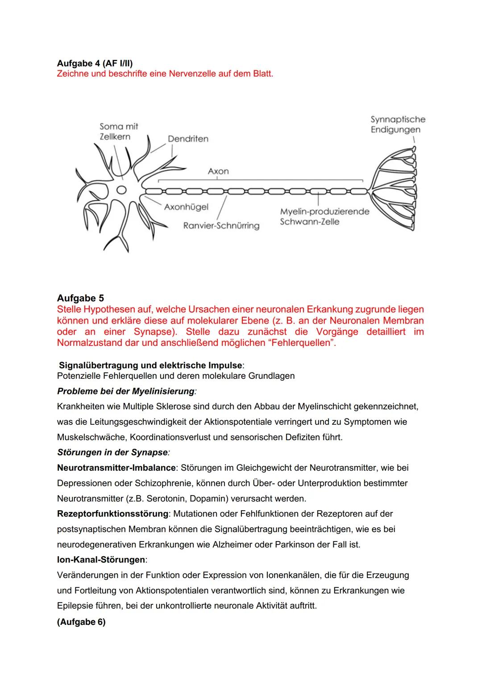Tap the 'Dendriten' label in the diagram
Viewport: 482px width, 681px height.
coord(188,139)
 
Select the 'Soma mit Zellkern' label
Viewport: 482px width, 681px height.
coord(119,131)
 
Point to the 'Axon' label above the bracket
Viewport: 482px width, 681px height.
coord(218,171)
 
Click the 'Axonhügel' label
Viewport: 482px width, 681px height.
coord(186,207)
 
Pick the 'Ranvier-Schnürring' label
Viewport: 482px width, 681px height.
coord(221,226)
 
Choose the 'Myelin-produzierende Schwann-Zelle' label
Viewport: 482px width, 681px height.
coord(324,217)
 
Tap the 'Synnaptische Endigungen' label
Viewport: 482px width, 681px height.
coord(397,124)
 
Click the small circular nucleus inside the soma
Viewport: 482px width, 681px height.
coord(121,190)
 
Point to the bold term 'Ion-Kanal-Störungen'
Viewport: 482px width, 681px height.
coord(101,559)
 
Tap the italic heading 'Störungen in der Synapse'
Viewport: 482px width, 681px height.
coord(112,452)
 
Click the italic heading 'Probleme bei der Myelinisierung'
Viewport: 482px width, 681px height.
coord(126,391)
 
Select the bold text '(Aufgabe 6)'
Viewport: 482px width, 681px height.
coord(81,622)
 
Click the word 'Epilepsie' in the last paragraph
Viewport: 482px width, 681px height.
coord(75,606)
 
